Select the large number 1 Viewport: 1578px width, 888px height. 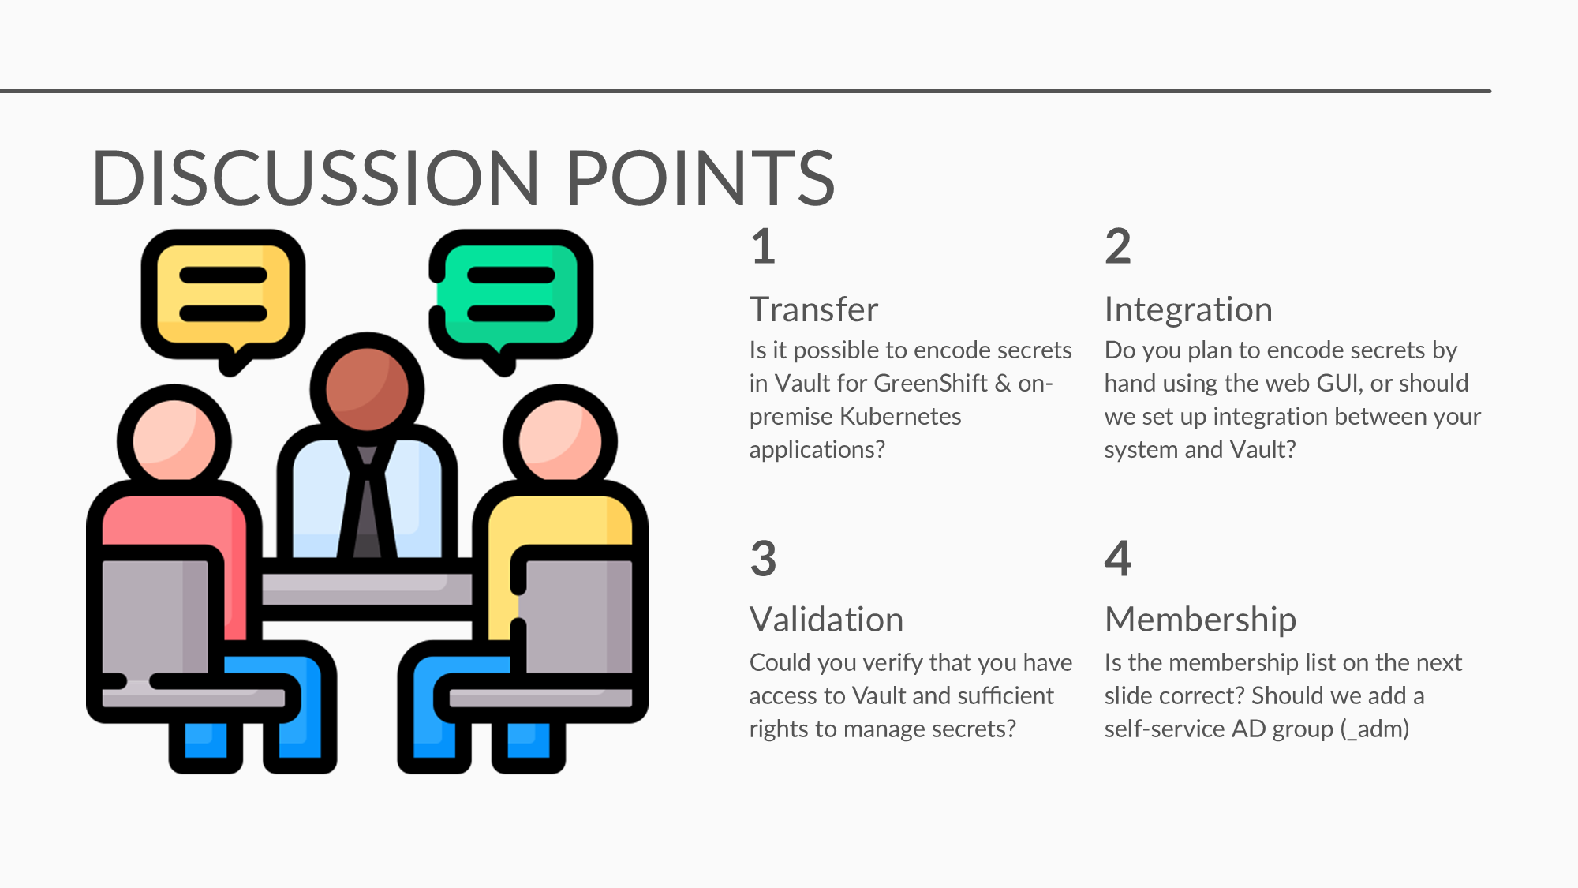(x=763, y=246)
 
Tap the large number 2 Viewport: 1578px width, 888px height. (x=1118, y=246)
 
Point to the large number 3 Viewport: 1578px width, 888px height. (x=763, y=558)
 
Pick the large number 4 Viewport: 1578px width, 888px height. (x=1118, y=558)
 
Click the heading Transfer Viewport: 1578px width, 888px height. (x=813, y=309)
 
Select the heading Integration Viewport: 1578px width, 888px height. (x=1188, y=310)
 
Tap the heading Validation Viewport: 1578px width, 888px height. (x=826, y=620)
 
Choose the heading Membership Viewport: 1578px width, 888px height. (x=1200, y=620)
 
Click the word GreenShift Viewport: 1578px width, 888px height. (x=931, y=383)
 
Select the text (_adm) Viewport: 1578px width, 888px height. (x=1374, y=729)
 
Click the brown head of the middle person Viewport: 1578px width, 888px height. (x=367, y=389)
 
